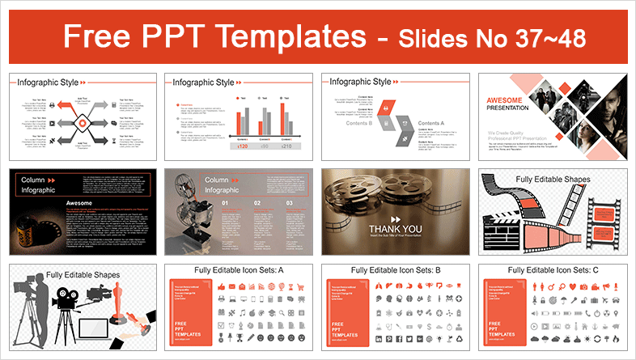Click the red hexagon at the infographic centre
(81, 122)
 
